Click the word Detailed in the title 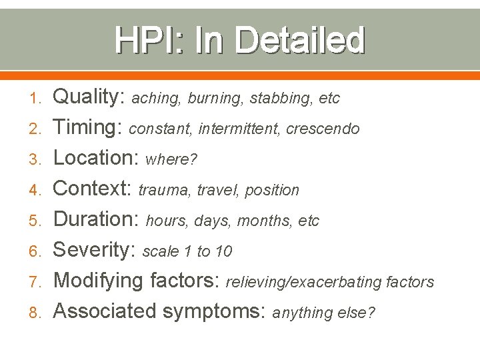pyautogui.click(x=301, y=40)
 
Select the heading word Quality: pyautogui.click(x=89, y=97)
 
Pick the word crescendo pyautogui.click(x=323, y=129)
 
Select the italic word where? pyautogui.click(x=171, y=160)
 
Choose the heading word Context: pyautogui.click(x=93, y=189)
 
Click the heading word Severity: pyautogui.click(x=95, y=250)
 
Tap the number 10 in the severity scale pyautogui.click(x=224, y=251)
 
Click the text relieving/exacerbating pyautogui.click(x=305, y=283)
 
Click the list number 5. pyautogui.click(x=38, y=221)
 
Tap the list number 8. pyautogui.click(x=38, y=313)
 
